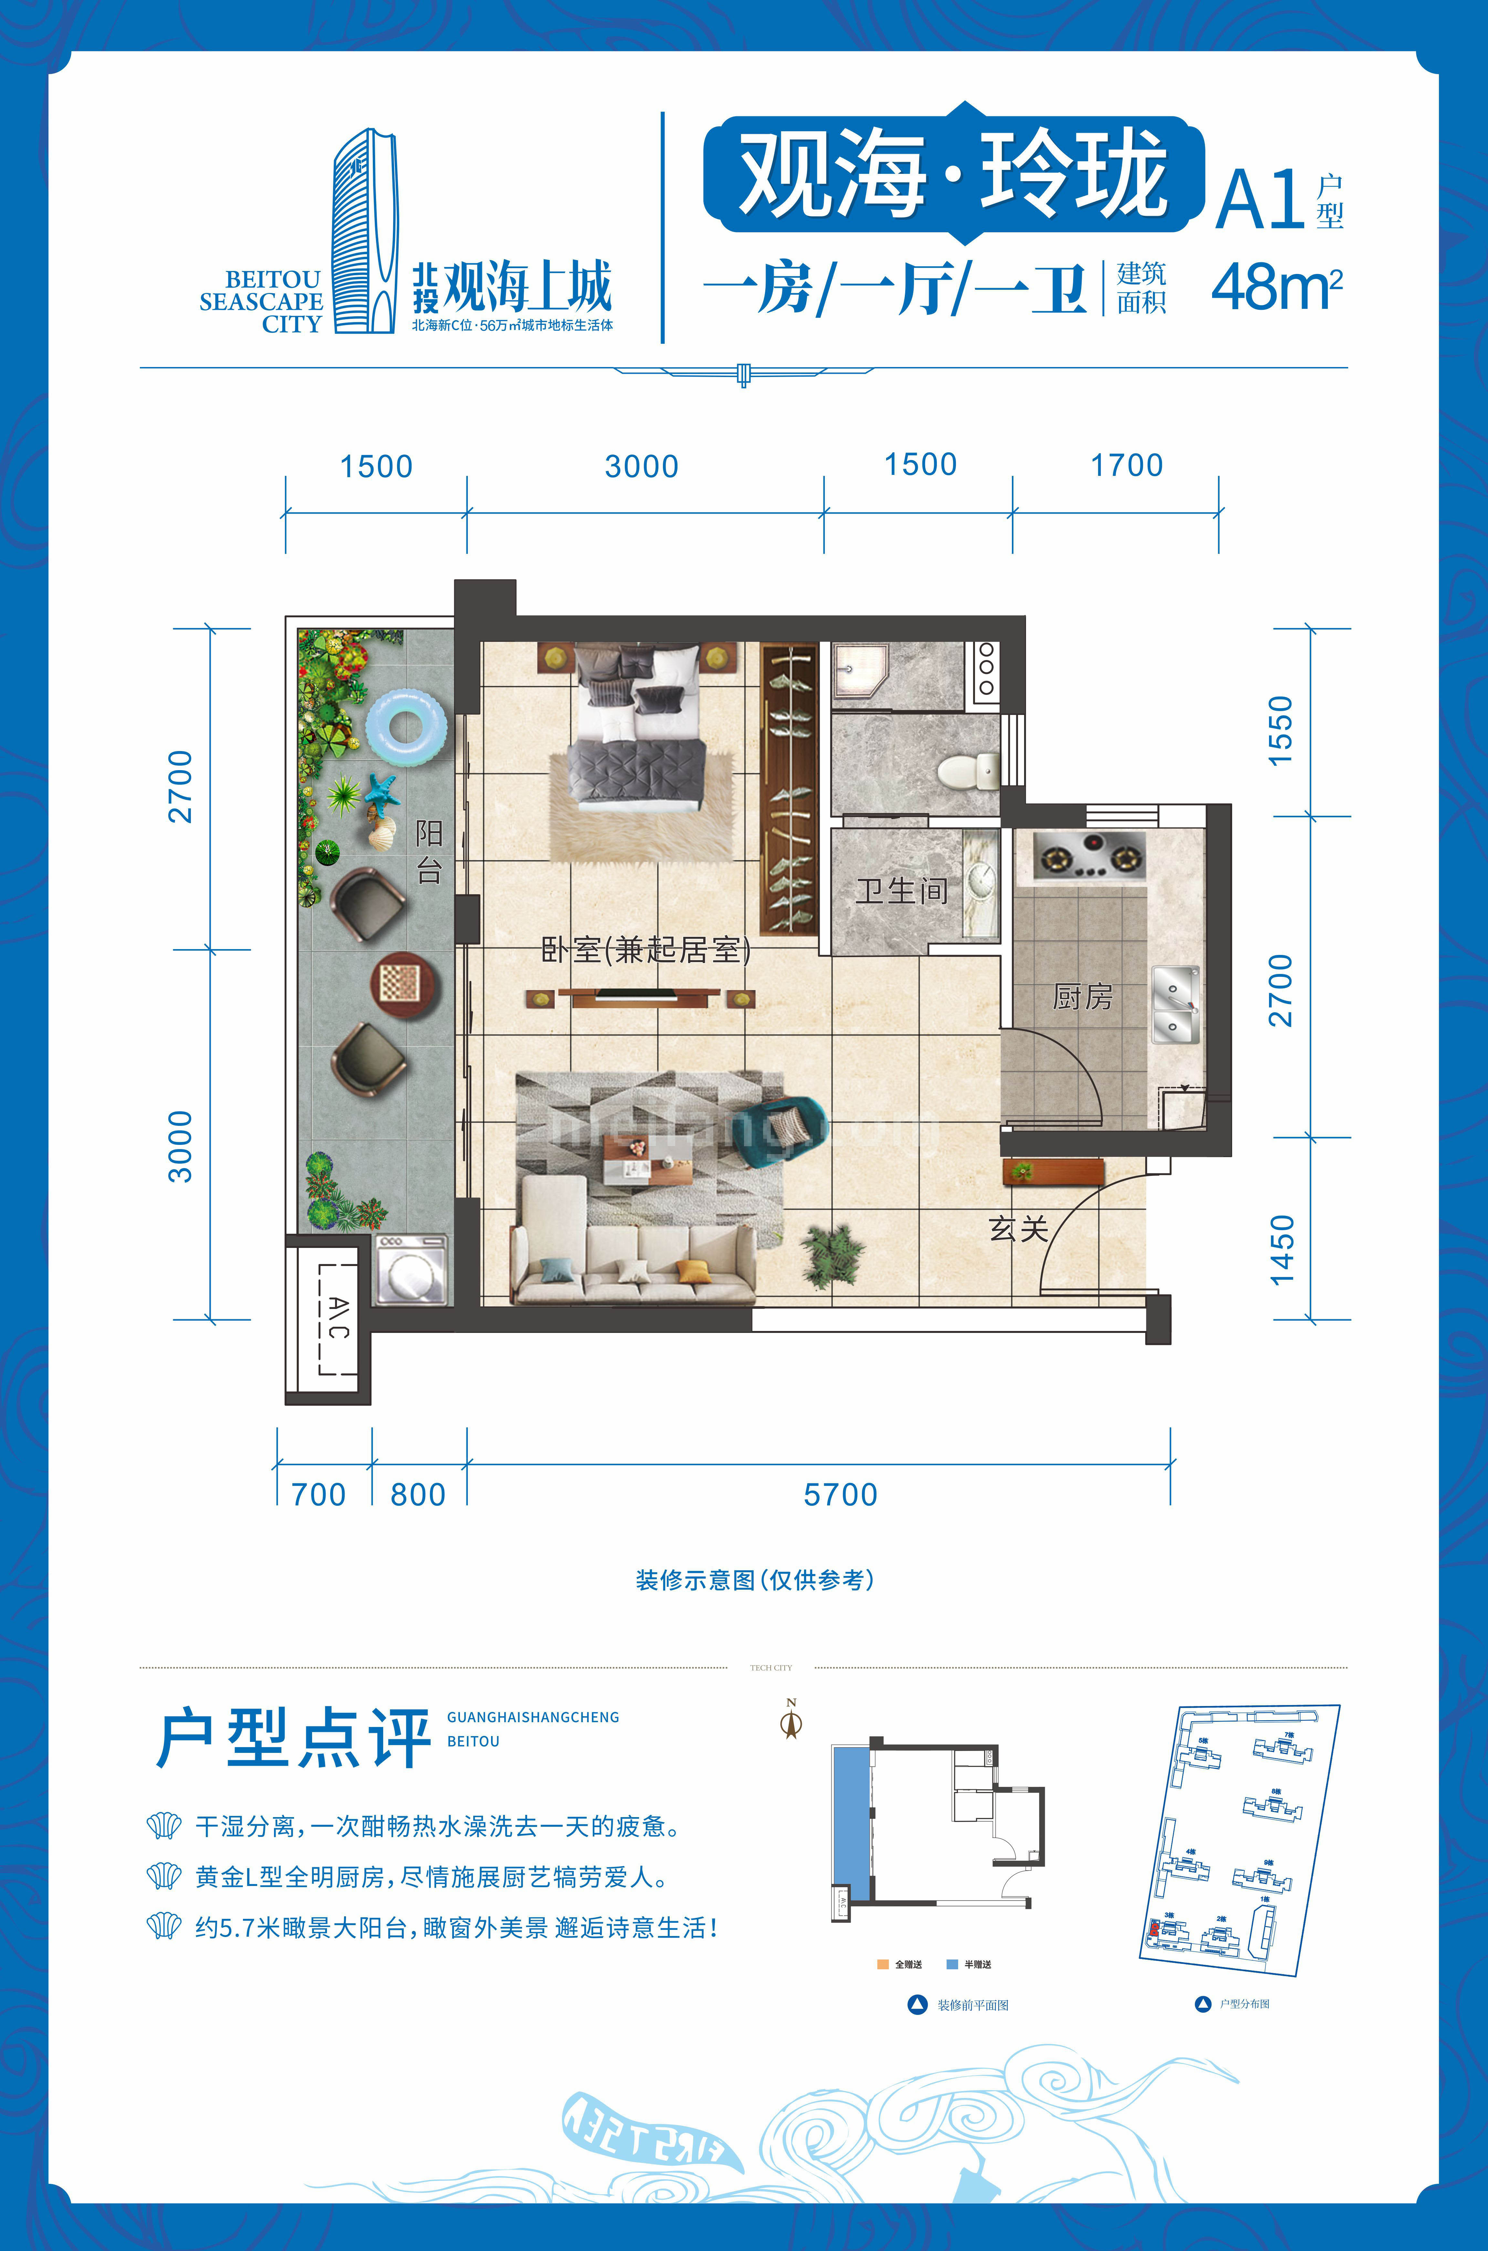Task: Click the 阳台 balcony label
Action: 429,851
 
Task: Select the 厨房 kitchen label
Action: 1082,996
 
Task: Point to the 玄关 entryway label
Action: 1018,1229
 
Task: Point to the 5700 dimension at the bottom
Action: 840,1495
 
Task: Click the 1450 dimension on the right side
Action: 1281,1250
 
